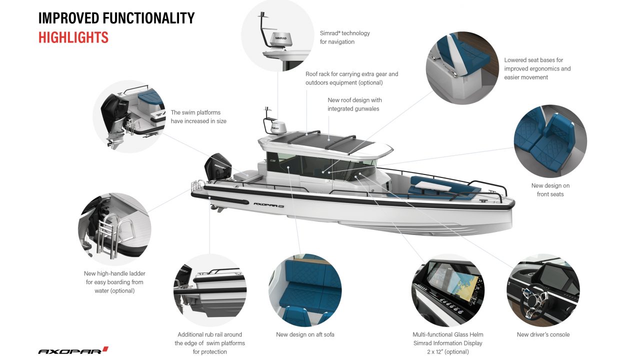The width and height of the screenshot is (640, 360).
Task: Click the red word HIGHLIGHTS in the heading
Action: pos(73,37)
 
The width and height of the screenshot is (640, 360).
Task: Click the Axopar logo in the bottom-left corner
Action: pos(73,350)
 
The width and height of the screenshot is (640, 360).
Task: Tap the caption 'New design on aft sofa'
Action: pos(305,334)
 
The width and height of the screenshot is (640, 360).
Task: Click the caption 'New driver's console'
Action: pos(543,334)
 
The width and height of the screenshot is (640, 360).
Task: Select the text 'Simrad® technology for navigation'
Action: pos(344,37)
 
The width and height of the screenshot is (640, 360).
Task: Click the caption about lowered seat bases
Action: pos(537,68)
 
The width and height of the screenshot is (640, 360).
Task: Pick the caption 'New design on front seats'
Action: pos(550,189)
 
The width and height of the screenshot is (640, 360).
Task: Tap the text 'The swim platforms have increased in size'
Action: pos(198,116)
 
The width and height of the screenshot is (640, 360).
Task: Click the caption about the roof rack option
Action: pos(351,78)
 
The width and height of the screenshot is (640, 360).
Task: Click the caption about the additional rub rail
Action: pos(209,343)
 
